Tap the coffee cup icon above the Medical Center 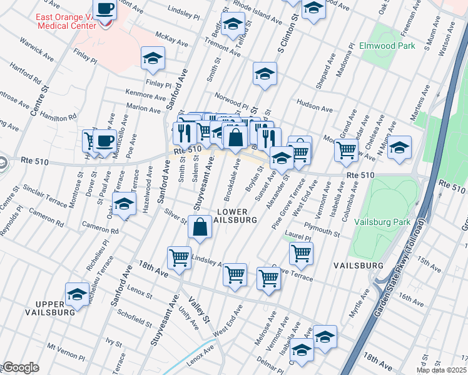click(104, 10)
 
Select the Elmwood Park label click(387, 46)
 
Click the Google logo click(20, 367)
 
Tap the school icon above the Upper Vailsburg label click(78, 293)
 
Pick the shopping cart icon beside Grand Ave click(345, 149)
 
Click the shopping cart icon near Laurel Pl click(301, 253)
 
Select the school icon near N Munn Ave click(399, 147)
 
